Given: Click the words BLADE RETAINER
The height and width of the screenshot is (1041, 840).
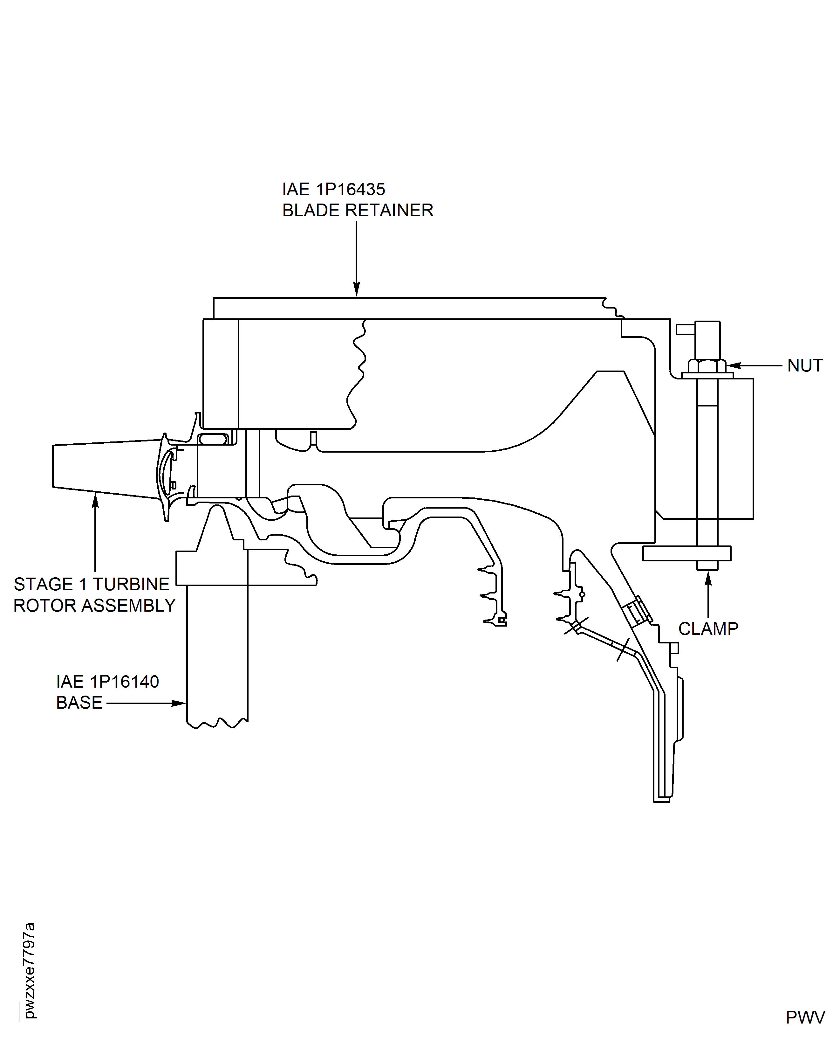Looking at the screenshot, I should (x=358, y=211).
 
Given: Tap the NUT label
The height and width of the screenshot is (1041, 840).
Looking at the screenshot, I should (x=805, y=365).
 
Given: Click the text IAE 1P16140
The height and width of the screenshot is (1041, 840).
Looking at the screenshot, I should (x=107, y=682).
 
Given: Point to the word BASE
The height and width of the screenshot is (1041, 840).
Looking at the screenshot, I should (x=79, y=703).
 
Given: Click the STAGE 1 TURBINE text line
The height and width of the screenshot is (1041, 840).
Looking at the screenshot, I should (x=92, y=584).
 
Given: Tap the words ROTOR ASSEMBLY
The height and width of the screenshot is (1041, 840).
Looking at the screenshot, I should (x=94, y=606).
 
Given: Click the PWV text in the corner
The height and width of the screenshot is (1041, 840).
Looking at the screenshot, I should (x=805, y=1018).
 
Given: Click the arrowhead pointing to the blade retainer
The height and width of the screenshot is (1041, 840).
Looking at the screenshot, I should (x=357, y=290).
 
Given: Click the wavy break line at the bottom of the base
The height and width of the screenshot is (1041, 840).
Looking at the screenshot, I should (x=218, y=724).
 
